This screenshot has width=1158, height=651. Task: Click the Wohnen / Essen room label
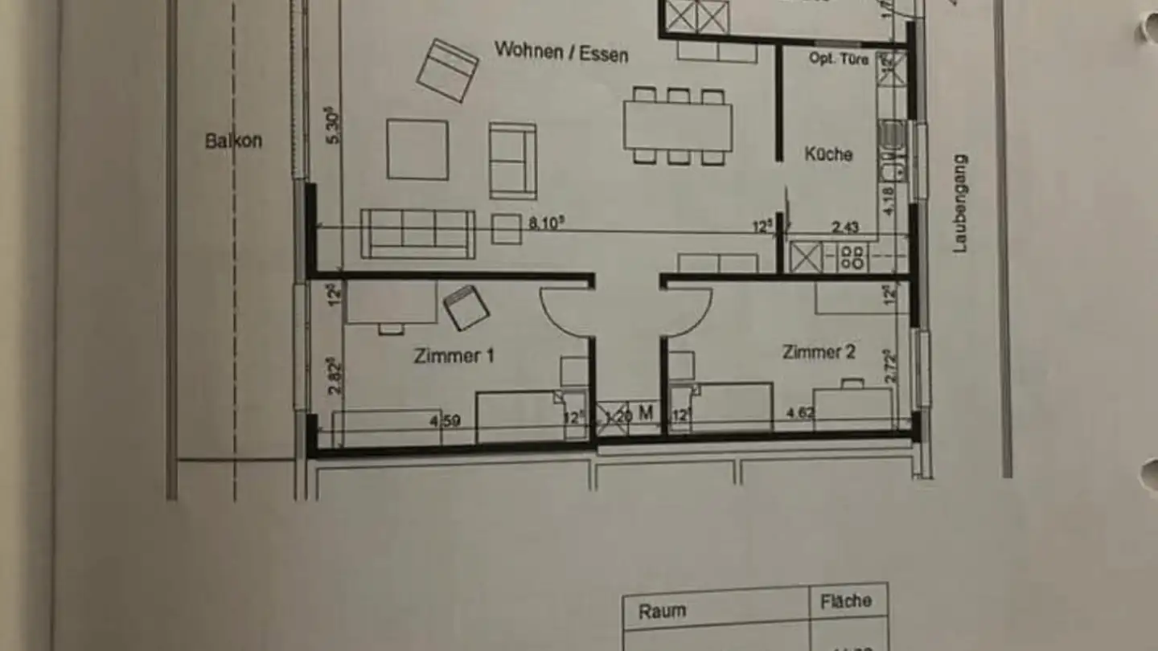click(561, 52)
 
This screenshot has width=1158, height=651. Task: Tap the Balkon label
click(233, 141)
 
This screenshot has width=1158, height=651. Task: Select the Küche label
click(828, 154)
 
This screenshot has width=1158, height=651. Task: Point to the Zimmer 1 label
click(454, 355)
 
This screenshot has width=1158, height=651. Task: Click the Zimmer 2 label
click(819, 352)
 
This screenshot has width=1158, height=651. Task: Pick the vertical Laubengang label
click(960, 204)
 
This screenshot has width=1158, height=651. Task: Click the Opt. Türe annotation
click(838, 59)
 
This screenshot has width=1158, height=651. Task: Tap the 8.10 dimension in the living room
click(547, 224)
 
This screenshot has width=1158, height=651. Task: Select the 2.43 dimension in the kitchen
click(844, 228)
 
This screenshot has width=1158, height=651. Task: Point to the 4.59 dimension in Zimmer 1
click(446, 420)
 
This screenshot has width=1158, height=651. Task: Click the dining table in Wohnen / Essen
click(678, 126)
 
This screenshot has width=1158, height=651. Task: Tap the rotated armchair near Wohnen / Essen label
click(447, 71)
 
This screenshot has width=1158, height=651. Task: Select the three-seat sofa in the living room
click(417, 234)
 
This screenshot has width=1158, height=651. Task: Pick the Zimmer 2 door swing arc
click(688, 313)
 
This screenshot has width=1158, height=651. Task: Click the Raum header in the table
click(663, 611)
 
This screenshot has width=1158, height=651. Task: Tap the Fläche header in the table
click(845, 600)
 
